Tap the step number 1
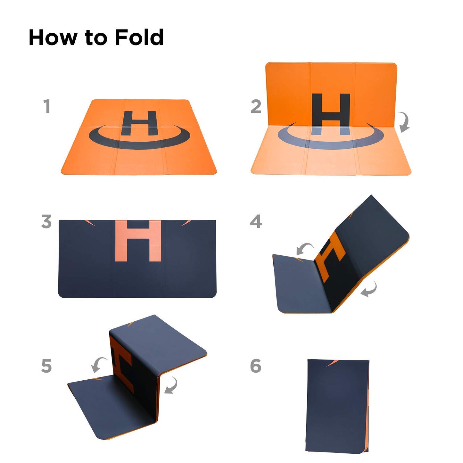47,106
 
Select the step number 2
256,106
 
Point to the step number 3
46,221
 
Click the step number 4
256,221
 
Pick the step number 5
46,366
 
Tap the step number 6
256,366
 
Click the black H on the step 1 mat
139,123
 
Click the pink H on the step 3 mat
138,241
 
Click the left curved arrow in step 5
98,365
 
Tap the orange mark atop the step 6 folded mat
332,363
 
